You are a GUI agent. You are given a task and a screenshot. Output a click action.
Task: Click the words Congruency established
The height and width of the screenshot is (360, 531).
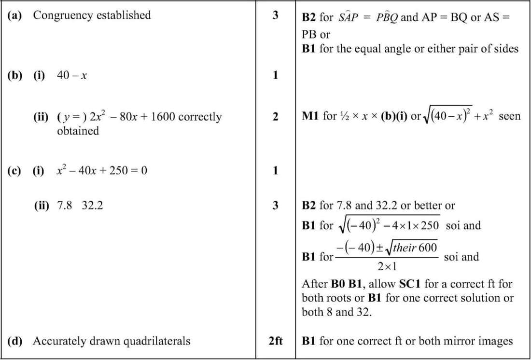(92, 15)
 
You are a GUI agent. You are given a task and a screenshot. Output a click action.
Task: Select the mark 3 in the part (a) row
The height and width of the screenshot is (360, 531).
(275, 15)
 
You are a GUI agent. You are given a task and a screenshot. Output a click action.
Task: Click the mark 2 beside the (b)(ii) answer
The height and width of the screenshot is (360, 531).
(275, 117)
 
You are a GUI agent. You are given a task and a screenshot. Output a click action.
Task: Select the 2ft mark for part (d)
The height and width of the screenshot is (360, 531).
(275, 341)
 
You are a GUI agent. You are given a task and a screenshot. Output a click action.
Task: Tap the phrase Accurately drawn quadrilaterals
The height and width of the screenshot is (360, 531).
(112, 341)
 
